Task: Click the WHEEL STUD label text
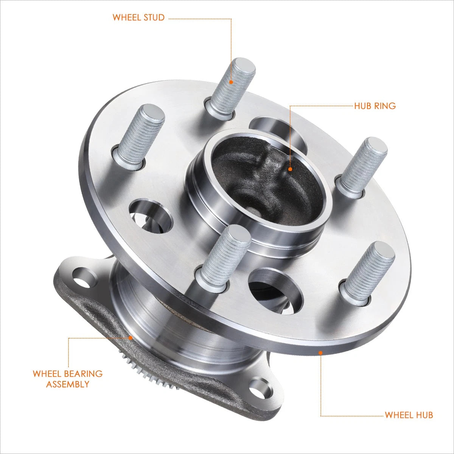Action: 138,18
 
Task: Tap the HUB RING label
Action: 375,106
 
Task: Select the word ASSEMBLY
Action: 68,384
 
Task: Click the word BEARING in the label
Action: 83,374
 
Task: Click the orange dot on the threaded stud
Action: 231,82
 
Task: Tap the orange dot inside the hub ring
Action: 290,169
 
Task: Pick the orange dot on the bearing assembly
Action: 130,337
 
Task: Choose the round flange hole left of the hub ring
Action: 151,216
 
